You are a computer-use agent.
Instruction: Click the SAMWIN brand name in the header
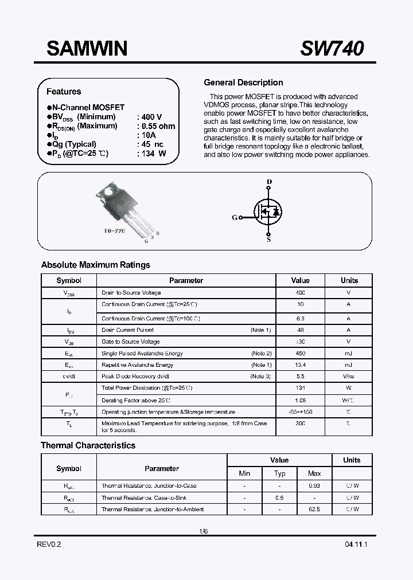tap(87, 49)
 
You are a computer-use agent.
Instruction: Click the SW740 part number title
tap(332, 49)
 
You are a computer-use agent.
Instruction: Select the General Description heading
tap(243, 83)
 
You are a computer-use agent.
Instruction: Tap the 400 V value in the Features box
tap(151, 117)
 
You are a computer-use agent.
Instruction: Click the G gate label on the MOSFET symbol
tap(234, 218)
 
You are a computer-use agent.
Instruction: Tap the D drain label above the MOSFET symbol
tap(269, 182)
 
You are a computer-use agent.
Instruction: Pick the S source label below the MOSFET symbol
tap(268, 240)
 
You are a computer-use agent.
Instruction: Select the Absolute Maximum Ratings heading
tap(95, 265)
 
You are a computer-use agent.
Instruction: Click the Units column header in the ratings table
tap(349, 280)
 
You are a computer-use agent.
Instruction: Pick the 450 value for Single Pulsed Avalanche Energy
tap(300, 353)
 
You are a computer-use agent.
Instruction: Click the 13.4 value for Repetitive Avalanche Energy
tap(300, 365)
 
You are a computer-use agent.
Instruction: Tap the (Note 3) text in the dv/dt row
tap(260, 376)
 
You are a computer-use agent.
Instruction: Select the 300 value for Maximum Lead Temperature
tap(300, 423)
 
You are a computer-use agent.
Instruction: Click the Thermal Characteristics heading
tap(88, 445)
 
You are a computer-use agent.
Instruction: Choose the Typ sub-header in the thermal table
tap(279, 473)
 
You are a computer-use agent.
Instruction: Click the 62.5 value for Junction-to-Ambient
tap(314, 509)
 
